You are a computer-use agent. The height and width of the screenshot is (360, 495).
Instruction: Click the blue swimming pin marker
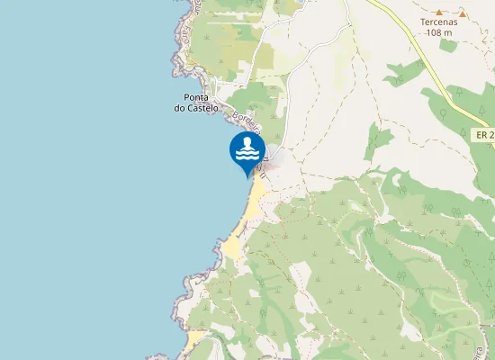pyautogui.click(x=247, y=151)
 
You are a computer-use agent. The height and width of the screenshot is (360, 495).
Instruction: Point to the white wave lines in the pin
pyautogui.click(x=247, y=154)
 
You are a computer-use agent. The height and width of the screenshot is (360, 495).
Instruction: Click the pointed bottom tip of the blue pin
pyautogui.click(x=247, y=177)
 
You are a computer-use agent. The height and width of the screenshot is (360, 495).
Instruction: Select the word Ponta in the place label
pyautogui.click(x=197, y=97)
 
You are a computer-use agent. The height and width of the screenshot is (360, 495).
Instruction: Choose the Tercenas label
pyautogui.click(x=438, y=22)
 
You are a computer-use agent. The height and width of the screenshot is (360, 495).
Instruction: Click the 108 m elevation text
pyautogui.click(x=438, y=33)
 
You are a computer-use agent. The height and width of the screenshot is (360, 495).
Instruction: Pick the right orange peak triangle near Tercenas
pyautogui.click(x=462, y=13)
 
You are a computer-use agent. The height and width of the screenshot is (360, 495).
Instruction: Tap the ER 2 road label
pyautogui.click(x=483, y=134)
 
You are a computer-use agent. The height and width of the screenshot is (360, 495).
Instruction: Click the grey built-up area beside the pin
pyautogui.click(x=275, y=158)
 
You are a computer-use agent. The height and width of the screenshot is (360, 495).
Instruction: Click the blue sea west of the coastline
pyautogui.click(x=81, y=180)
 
